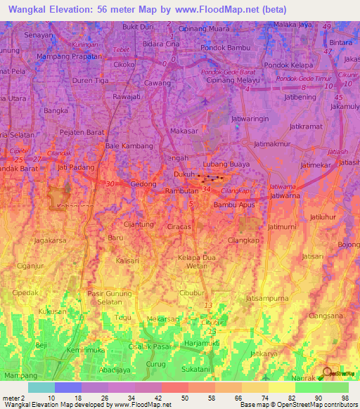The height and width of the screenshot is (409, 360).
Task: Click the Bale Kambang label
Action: [129, 145]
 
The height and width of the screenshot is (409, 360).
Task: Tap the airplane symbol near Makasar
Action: [205, 101]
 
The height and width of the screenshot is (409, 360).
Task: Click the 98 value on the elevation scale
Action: [345, 398]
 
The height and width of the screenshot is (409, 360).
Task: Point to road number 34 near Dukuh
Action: [206, 189]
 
